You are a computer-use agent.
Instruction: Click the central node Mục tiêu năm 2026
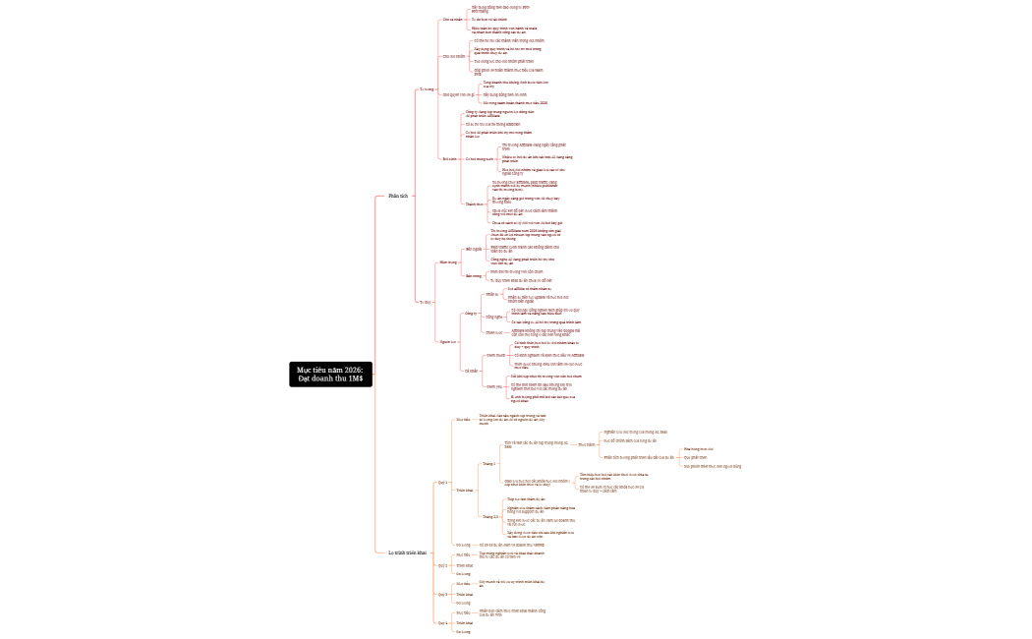tap(330, 375)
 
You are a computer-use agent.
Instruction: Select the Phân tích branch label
tap(398, 196)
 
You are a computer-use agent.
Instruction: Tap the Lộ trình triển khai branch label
tap(408, 552)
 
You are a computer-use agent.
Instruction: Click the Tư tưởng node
tap(427, 88)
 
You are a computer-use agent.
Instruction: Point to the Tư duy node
tap(426, 302)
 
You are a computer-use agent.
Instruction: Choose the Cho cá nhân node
tap(453, 19)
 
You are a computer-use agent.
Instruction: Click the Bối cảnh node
tap(450, 158)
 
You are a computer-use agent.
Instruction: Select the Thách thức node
tap(475, 203)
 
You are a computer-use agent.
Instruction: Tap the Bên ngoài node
tap(474, 249)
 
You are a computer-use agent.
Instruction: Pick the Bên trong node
tap(474, 276)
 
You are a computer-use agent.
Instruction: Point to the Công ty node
tap(471, 314)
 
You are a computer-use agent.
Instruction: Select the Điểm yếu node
tap(492, 386)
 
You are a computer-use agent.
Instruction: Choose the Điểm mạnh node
tap(493, 354)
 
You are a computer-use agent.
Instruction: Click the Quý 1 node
tap(442, 483)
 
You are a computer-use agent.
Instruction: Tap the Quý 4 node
tap(442, 622)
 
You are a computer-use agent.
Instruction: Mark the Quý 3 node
tap(442, 594)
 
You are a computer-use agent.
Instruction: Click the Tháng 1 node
tap(488, 463)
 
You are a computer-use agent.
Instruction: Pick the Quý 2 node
tap(442, 565)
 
